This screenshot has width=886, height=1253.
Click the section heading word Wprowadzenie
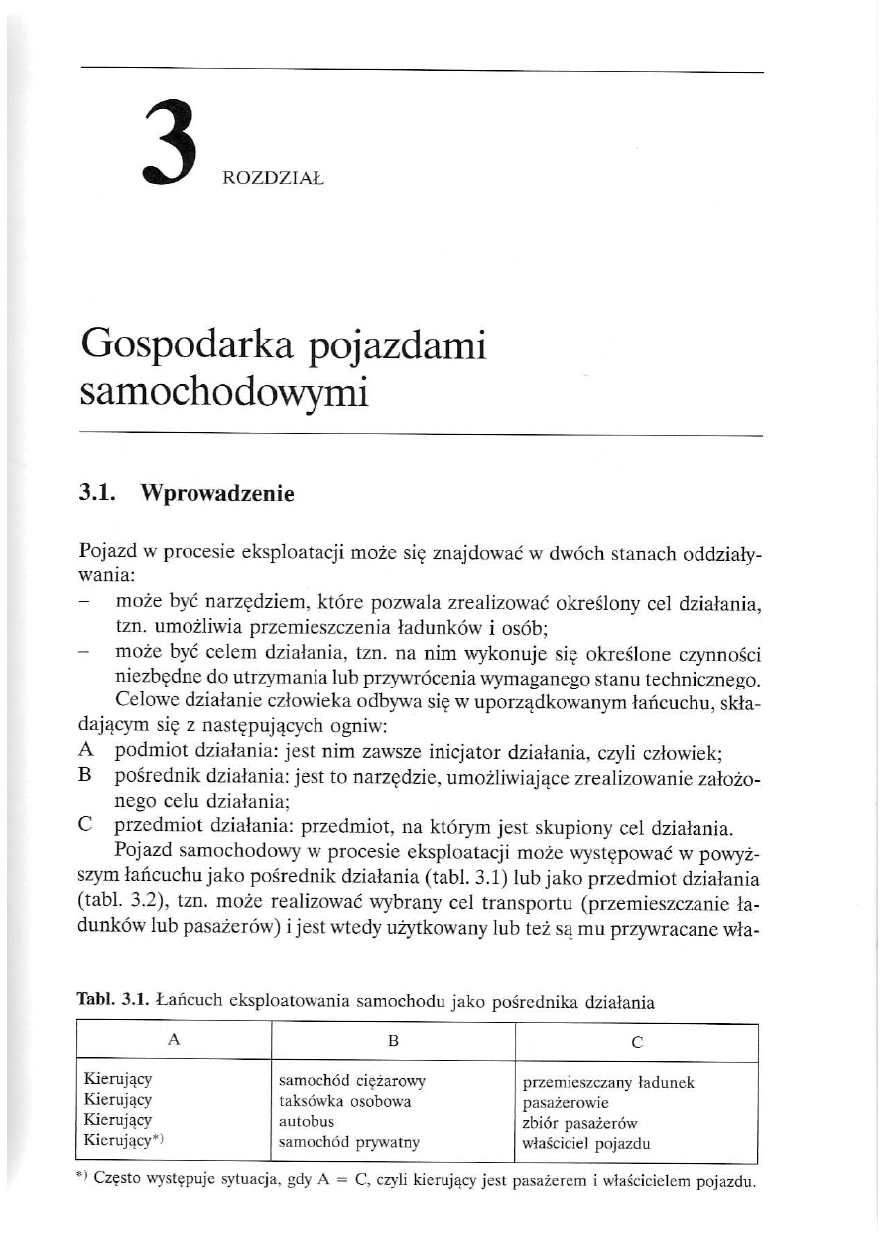(218, 492)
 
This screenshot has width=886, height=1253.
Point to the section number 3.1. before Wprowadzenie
(100, 492)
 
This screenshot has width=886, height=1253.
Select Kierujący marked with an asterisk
(121, 1142)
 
